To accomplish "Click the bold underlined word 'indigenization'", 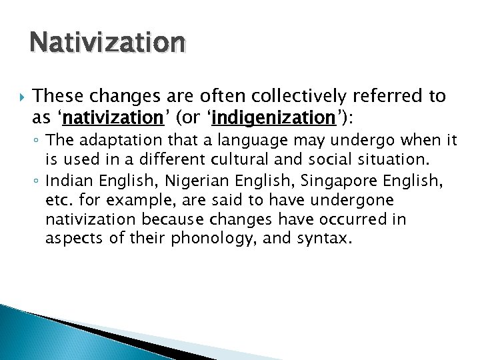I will coord(273,118).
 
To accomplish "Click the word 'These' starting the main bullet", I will coord(56,97).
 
